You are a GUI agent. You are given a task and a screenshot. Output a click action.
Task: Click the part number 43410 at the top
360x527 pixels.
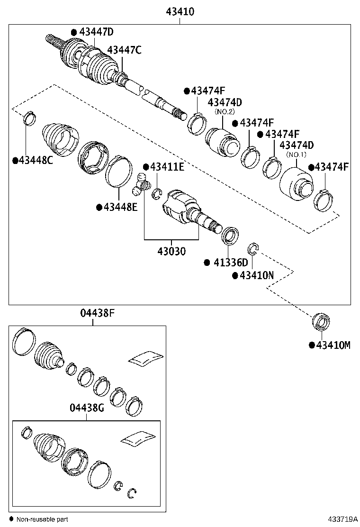[180, 11]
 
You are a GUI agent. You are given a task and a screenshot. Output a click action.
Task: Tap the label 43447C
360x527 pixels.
[124, 50]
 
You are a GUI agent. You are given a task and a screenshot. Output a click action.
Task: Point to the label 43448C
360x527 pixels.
[36, 160]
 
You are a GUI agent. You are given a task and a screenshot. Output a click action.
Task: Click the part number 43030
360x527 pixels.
[171, 251]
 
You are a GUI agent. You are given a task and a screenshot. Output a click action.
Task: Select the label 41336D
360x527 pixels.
[229, 263]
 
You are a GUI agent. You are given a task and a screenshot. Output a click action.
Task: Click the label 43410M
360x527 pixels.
[333, 345]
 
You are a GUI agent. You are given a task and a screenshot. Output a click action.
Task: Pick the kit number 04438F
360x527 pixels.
[98, 313]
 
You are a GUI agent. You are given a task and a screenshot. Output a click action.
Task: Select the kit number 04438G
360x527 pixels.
[86, 408]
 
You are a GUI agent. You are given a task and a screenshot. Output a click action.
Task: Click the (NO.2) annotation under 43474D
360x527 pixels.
[225, 112]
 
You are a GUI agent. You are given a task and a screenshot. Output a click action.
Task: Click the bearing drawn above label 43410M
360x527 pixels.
[321, 322]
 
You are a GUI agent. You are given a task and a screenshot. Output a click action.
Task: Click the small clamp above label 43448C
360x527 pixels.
[30, 117]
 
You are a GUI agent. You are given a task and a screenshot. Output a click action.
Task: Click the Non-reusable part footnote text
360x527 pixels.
[42, 519]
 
